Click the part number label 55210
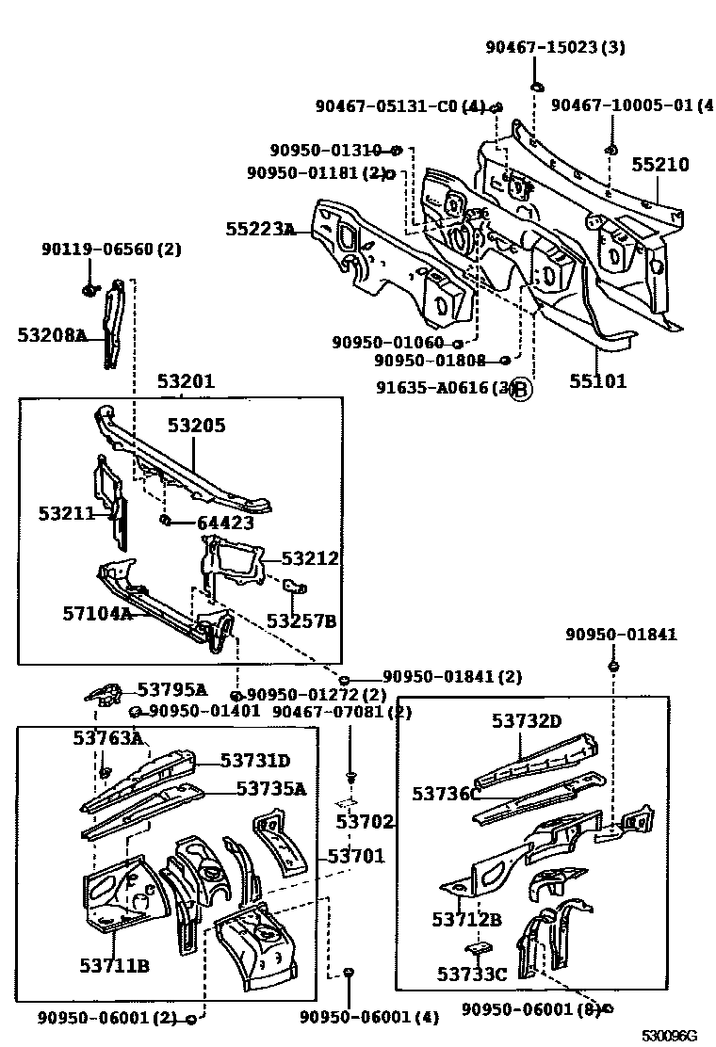tap(659, 165)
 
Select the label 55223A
tap(260, 229)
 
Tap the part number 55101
tap(597, 381)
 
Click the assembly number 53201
tap(186, 381)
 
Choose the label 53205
tap(197, 425)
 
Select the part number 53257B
tap(301, 620)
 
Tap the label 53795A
tap(172, 689)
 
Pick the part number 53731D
tap(255, 760)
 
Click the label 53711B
tap(114, 965)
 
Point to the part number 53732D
tap(527, 721)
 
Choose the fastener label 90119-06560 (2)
tap(111, 250)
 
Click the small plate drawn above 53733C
tap(478, 946)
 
